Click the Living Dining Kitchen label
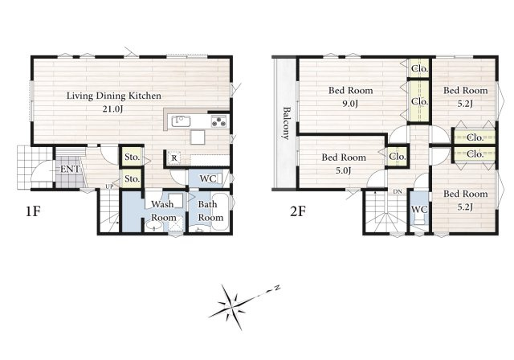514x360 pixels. [114, 96]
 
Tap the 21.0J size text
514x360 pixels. [112, 109]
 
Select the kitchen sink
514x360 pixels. [181, 121]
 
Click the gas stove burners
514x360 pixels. [218, 121]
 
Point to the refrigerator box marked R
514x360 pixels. [174, 158]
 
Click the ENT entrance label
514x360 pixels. [70, 170]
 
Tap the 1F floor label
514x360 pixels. [33, 211]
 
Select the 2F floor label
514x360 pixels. [298, 211]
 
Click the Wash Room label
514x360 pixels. [163, 211]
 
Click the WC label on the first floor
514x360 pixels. [208, 178]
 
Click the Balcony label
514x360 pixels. [287, 123]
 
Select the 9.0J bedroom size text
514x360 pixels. [350, 104]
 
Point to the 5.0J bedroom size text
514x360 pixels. [344, 171]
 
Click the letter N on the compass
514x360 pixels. [277, 288]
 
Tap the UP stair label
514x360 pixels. [109, 186]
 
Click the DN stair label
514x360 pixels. [398, 191]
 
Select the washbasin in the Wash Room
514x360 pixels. [153, 226]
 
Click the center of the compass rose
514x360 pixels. [232, 307]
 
